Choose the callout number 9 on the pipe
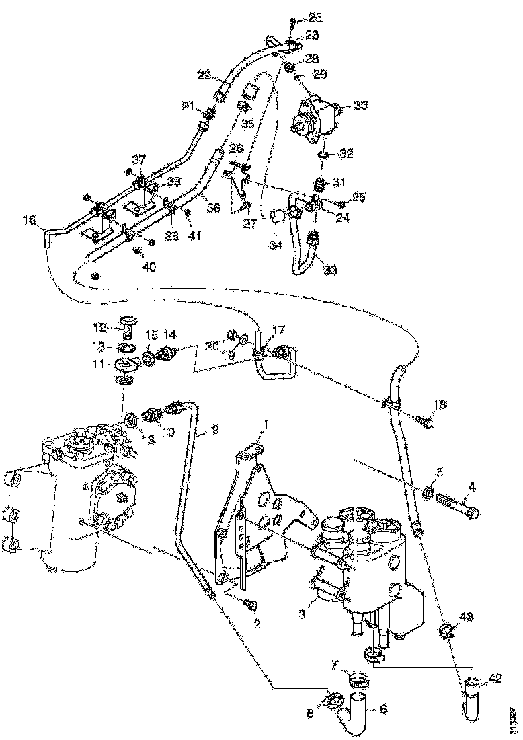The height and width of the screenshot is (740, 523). pos(214,429)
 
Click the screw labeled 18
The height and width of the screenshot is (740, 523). pos(425,422)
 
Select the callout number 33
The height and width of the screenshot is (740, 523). pos(330,270)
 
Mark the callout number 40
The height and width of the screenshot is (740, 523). pos(149,266)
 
